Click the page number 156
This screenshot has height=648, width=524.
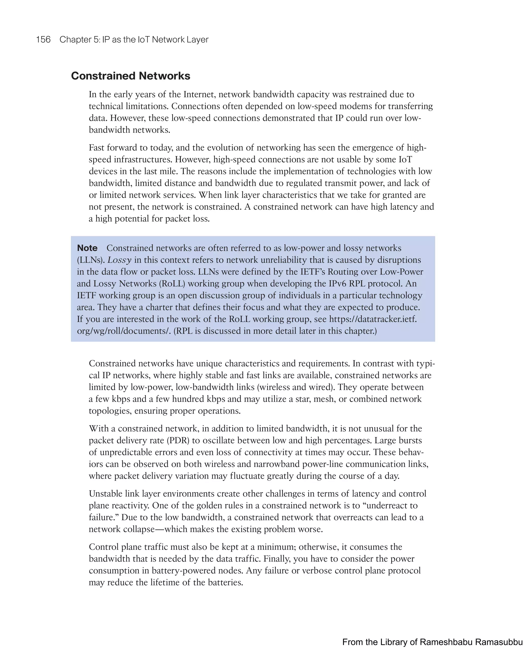pyautogui.click(x=43, y=40)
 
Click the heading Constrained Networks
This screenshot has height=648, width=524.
pyautogui.click(x=130, y=76)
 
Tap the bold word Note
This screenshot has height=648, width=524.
pyautogui.click(x=87, y=248)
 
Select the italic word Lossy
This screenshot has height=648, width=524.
pyautogui.click(x=119, y=260)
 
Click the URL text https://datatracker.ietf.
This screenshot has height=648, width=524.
pyautogui.click(x=373, y=319)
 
